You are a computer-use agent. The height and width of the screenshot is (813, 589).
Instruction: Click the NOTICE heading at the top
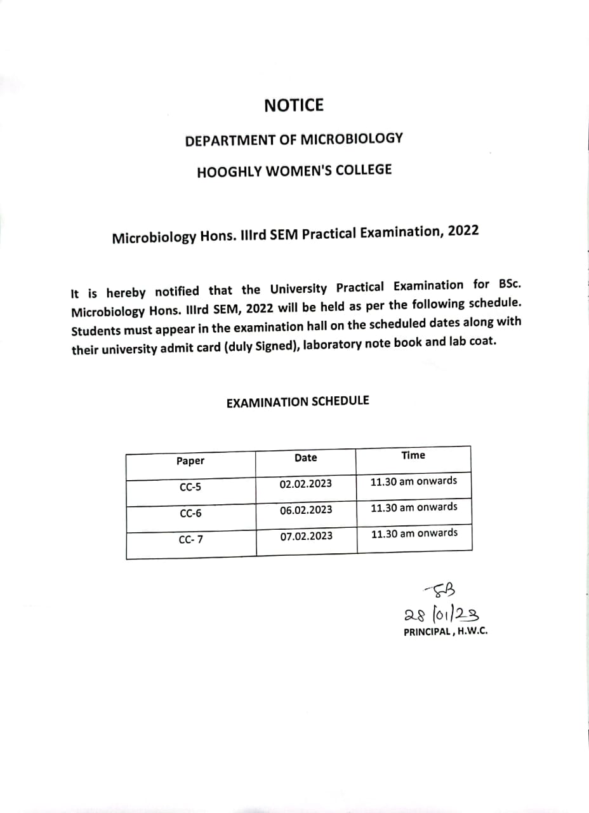[x=294, y=105]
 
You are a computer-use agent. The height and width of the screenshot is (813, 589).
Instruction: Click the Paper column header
[x=190, y=461]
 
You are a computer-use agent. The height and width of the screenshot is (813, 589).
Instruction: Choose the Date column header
[x=305, y=458]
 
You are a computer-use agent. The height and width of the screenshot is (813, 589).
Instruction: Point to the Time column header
[x=413, y=455]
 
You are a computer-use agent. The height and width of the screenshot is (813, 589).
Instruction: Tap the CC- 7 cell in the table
[x=190, y=540]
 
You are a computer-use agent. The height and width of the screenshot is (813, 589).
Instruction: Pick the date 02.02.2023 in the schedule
[x=305, y=484]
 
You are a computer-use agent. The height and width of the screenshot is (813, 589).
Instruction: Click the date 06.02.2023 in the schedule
[x=305, y=510]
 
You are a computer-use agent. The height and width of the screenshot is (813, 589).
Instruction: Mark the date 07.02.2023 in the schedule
[x=306, y=536]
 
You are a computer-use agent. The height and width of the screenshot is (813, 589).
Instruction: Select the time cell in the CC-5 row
[x=413, y=481]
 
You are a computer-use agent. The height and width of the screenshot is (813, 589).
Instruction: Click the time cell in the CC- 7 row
[x=414, y=533]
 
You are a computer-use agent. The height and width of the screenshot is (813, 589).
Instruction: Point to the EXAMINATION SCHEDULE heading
[x=298, y=402]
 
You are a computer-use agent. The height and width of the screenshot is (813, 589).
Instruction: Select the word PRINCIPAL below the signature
[x=427, y=633]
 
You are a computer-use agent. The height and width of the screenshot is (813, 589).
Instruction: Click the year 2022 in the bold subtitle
[x=463, y=231]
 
